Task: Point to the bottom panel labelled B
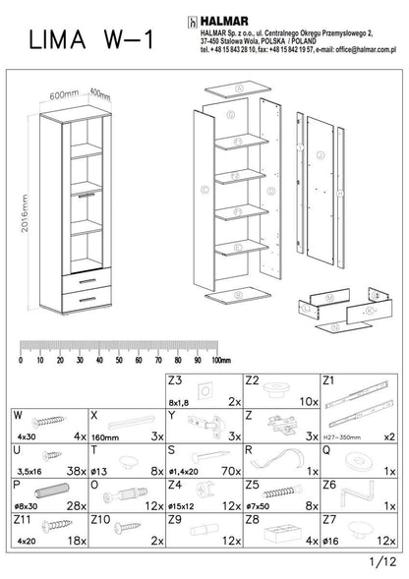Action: [239, 294]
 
